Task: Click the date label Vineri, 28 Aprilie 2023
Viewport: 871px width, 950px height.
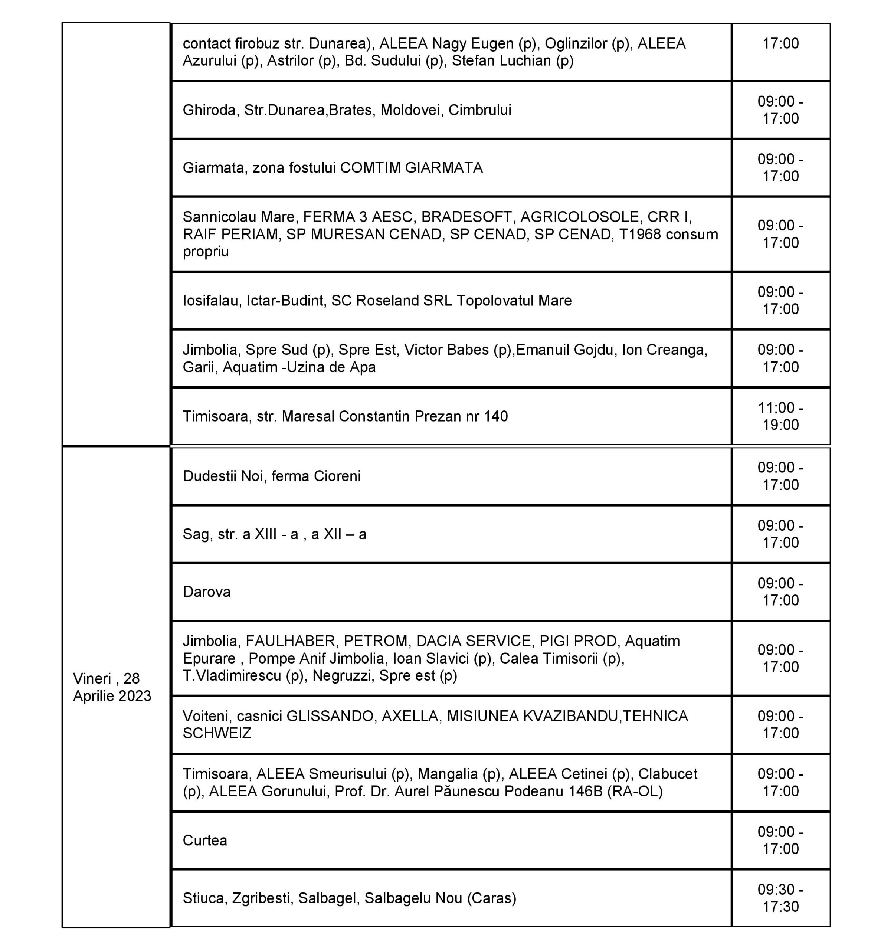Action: tap(112, 687)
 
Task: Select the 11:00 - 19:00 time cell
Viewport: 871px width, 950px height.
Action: tap(780, 416)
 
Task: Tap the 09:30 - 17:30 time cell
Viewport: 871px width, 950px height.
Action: tap(780, 898)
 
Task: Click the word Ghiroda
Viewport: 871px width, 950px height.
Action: tap(211, 110)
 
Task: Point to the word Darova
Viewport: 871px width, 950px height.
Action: tap(206, 592)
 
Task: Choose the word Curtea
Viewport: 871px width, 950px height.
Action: tap(204, 840)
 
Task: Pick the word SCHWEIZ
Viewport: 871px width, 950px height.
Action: tap(217, 733)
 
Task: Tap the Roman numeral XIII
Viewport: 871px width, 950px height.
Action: tap(265, 534)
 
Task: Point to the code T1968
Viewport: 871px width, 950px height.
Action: tap(639, 234)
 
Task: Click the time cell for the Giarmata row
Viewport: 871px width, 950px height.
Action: tap(780, 168)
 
